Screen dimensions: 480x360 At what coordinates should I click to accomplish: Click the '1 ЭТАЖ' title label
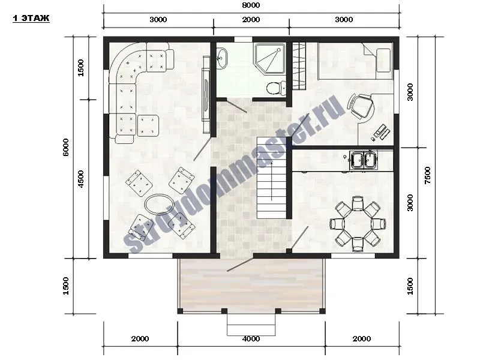(31, 19)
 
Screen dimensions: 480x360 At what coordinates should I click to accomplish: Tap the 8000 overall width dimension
(251, 5)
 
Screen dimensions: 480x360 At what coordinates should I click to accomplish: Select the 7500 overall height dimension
(427, 175)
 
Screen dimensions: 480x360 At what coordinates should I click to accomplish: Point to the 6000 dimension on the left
(65, 147)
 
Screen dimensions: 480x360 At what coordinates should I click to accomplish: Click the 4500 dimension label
(80, 179)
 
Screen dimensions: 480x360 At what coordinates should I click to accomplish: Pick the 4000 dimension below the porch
(251, 338)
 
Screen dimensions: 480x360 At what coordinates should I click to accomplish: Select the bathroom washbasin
(221, 58)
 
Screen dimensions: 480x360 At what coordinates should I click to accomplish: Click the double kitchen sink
(364, 160)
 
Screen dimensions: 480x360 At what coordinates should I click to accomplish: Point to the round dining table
(358, 223)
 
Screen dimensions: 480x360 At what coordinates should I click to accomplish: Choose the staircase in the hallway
(272, 178)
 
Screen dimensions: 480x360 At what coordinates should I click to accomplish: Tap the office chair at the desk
(361, 106)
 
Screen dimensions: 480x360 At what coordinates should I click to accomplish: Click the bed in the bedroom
(355, 61)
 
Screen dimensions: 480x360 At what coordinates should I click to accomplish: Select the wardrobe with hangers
(299, 66)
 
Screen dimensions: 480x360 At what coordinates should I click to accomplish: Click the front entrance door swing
(240, 265)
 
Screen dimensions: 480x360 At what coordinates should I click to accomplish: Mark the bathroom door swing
(236, 106)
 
